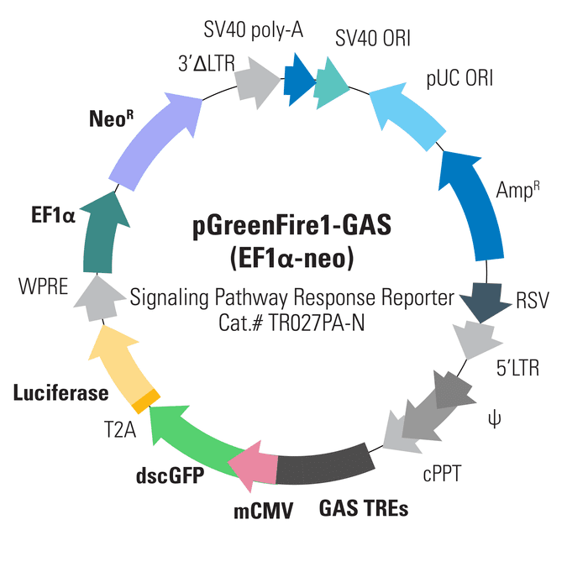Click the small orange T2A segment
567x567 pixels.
(x=144, y=399)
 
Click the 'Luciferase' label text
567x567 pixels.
(x=60, y=392)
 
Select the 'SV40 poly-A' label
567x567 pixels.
(x=254, y=31)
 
